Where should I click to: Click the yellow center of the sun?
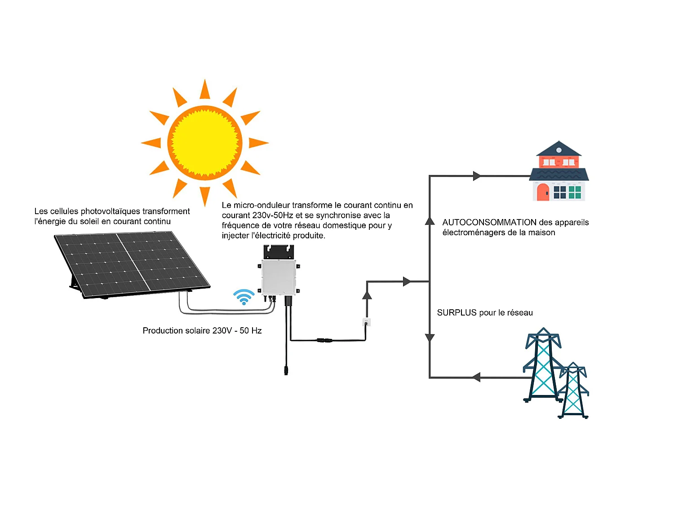coord(205,143)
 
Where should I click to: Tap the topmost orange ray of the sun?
coord(205,90)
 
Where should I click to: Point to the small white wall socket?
coord(367,322)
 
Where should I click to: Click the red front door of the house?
coord(543,192)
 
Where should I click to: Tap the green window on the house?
coord(575,192)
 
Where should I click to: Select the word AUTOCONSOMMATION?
coord(489,222)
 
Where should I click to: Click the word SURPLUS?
coord(457,312)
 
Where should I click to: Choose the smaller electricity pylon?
coord(573,391)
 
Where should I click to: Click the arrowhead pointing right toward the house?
coord(477,176)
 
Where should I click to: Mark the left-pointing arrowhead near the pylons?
coord(476,378)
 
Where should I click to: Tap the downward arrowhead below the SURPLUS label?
coord(430,338)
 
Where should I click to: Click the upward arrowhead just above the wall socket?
coord(367,295)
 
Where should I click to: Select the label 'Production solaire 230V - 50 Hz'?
coord(202,330)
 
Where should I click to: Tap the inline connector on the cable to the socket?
coord(324,340)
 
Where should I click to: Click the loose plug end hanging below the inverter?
coord(286,370)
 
